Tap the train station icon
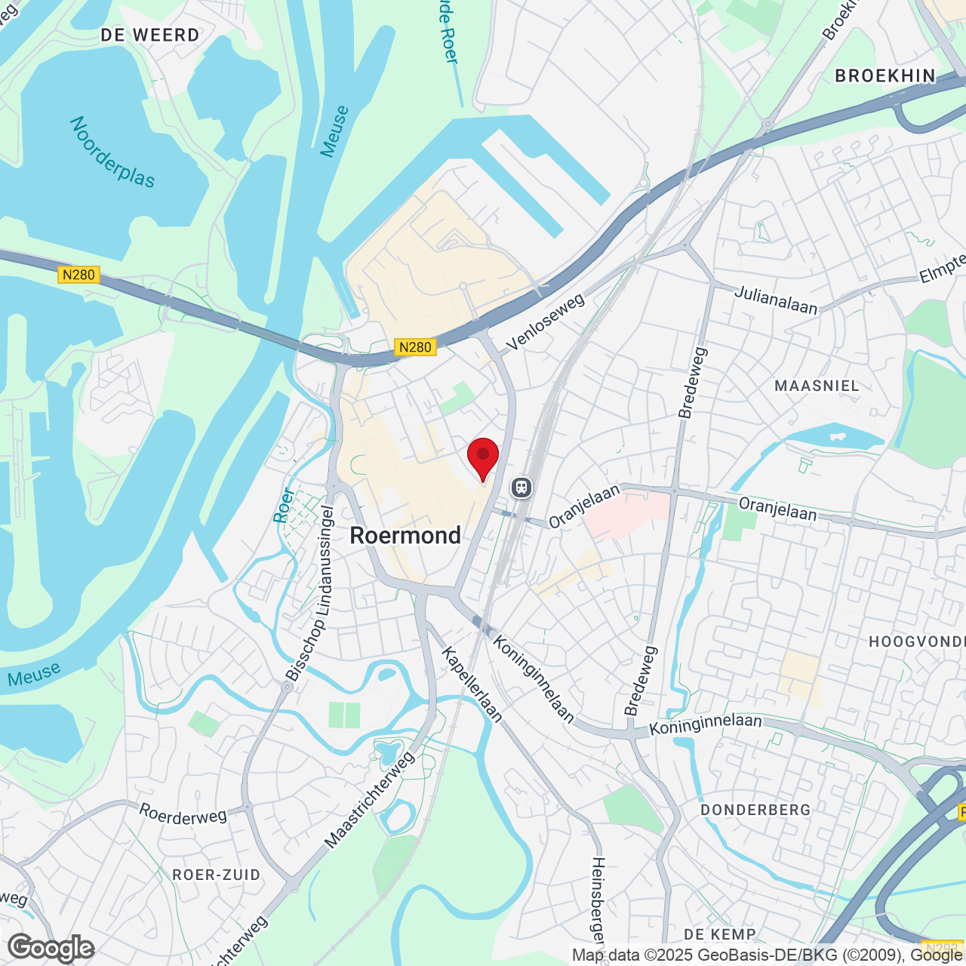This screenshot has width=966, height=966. pos(521,487)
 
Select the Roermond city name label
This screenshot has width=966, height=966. pos(405,536)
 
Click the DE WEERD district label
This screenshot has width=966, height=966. pos(150,35)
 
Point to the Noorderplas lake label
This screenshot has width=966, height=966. pos(112,152)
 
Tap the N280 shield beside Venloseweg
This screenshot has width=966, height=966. pos(414,347)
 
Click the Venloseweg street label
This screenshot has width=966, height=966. pos(546,322)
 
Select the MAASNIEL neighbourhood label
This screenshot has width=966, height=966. pos(817,386)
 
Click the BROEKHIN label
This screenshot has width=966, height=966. pos(885,75)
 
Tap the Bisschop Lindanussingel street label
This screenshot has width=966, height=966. pos(309,594)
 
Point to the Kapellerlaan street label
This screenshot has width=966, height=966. pos(472,684)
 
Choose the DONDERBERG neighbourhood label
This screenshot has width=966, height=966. pos(755,810)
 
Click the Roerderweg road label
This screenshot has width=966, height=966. pos(183,814)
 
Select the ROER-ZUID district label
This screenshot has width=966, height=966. pos(217,875)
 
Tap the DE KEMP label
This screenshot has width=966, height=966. pos(719,934)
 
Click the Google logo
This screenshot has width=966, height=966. pos(51,948)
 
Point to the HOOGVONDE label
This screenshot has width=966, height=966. pos(916,641)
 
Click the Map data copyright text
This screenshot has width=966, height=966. pos(766,955)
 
